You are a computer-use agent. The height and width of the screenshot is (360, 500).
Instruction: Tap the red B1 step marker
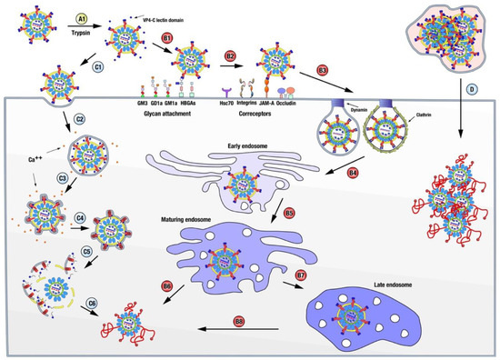click(166, 36)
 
